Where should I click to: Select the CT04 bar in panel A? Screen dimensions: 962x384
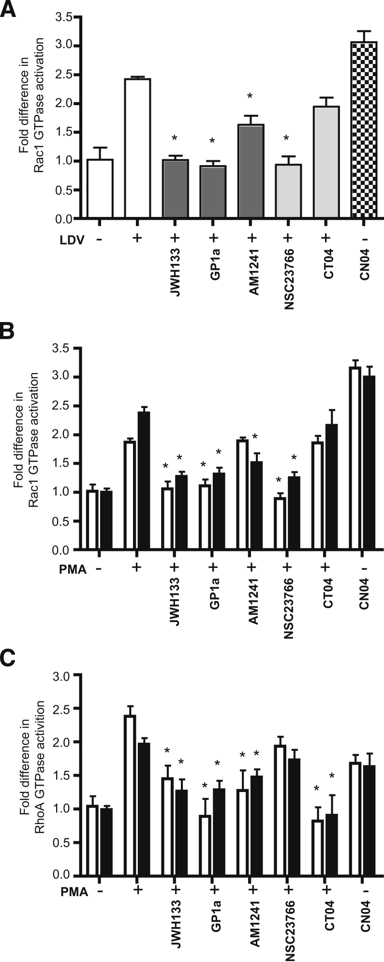(325, 162)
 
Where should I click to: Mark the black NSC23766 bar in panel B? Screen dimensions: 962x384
(295, 514)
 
